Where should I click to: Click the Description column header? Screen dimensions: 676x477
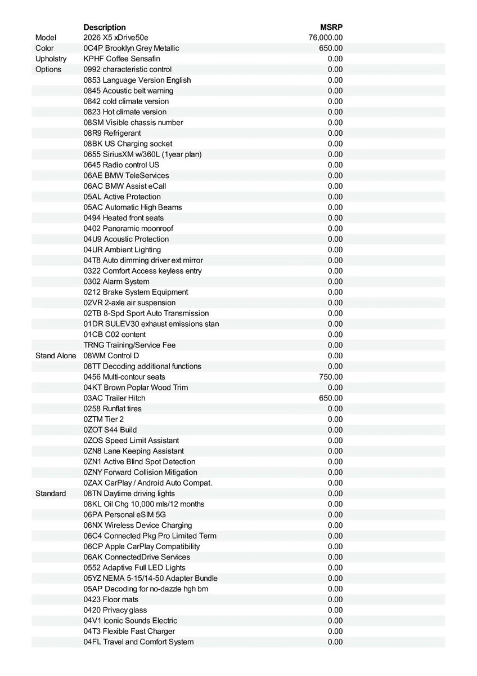click(105, 27)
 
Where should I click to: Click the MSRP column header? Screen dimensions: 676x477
click(331, 27)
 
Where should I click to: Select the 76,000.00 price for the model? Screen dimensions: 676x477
click(326, 38)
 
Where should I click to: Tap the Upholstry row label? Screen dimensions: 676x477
click(51, 59)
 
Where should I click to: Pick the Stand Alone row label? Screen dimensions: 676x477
click(56, 355)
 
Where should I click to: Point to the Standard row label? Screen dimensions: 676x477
click(51, 493)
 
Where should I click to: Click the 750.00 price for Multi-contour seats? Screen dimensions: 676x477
click(331, 377)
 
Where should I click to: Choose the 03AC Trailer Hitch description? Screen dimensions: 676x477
click(114, 398)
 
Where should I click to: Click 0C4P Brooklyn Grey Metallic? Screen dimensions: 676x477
click(131, 48)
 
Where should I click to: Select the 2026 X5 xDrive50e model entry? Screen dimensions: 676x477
click(116, 38)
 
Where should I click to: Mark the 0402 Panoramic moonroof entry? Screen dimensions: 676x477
click(128, 228)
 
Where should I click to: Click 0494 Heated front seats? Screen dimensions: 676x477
click(124, 218)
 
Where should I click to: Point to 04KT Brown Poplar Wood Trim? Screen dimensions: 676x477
click(136, 388)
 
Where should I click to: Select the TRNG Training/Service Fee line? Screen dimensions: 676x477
click(129, 345)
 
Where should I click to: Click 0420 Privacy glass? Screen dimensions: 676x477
click(115, 610)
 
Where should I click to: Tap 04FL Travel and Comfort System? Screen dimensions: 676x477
click(138, 642)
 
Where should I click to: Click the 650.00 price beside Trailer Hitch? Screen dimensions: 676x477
click(331, 398)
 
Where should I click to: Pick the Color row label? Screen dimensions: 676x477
click(44, 48)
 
